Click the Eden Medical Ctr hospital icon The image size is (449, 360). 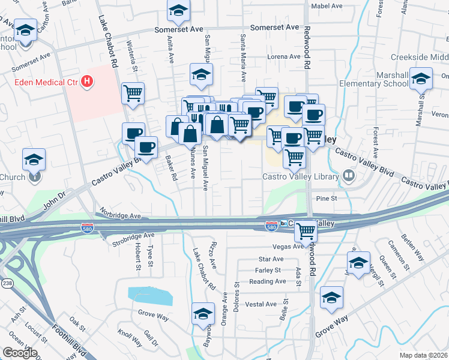(x=87, y=81)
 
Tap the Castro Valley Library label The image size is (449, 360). (x=301, y=176)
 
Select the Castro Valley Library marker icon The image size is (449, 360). (x=348, y=176)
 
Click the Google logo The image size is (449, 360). (x=20, y=353)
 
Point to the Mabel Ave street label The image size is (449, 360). (x=327, y=6)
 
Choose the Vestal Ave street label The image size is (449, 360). (x=261, y=304)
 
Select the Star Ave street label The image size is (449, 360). (x=270, y=259)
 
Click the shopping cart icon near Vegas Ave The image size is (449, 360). (x=307, y=230)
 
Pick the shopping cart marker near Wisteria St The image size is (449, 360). (x=132, y=93)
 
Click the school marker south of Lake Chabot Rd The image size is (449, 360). (x=203, y=314)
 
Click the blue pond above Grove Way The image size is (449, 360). (x=149, y=295)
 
